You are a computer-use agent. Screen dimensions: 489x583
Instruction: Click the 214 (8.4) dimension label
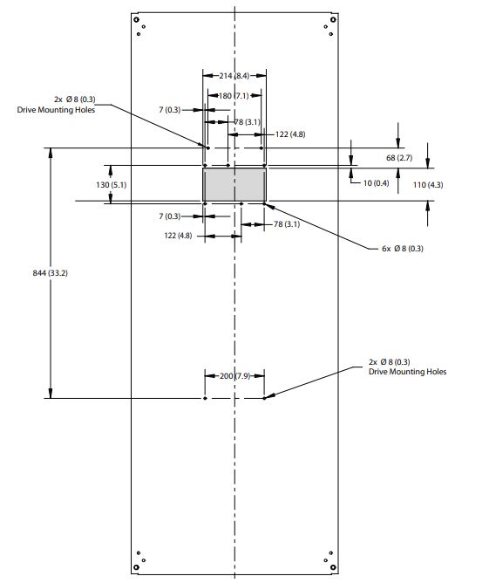(234, 76)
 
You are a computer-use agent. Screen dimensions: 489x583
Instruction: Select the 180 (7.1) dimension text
(234, 96)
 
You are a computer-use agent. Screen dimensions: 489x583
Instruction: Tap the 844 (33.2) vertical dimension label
(51, 273)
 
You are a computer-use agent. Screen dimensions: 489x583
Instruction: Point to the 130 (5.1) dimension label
(111, 185)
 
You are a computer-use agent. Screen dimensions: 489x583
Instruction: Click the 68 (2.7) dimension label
(399, 158)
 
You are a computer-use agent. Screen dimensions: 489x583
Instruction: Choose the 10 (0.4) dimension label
(377, 183)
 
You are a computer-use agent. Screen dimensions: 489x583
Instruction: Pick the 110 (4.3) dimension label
(428, 185)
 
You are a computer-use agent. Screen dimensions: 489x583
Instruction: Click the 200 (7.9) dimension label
(234, 376)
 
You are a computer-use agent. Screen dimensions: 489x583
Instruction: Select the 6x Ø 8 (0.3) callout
(403, 249)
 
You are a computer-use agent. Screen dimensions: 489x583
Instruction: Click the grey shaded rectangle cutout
(234, 185)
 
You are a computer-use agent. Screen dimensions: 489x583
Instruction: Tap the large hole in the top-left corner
(136, 20)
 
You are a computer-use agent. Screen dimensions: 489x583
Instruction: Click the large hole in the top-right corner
(333, 20)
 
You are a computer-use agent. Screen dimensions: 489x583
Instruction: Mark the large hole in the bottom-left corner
(136, 567)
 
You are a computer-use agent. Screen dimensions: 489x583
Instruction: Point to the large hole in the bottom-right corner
(333, 567)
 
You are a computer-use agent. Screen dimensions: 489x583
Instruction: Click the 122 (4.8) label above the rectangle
(290, 134)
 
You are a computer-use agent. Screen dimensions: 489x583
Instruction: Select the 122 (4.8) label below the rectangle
(178, 236)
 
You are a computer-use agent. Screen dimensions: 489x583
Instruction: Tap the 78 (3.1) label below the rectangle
(287, 224)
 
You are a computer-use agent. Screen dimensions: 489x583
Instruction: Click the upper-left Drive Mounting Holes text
(56, 110)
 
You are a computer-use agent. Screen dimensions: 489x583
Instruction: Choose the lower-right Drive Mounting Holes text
(407, 372)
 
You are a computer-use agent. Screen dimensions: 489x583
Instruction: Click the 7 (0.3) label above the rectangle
(170, 110)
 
